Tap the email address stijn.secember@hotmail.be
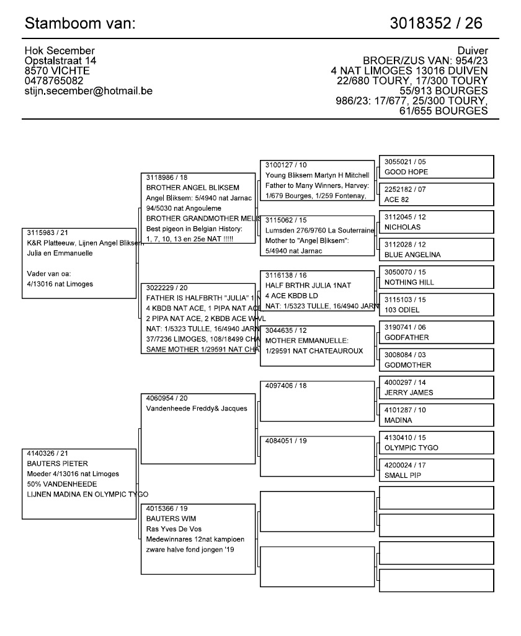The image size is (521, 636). (88, 91)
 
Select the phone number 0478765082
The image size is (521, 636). (54, 81)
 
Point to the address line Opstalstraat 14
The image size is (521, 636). (60, 61)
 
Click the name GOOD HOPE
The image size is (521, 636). (406, 172)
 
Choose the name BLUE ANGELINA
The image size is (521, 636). (412, 255)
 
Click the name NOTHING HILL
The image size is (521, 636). (409, 282)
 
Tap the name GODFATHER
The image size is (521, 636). (406, 337)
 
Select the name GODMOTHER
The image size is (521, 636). (407, 365)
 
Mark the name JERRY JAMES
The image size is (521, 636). (409, 392)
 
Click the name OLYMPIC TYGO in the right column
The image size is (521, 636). (411, 448)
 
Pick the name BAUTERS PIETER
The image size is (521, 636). (48, 463)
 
